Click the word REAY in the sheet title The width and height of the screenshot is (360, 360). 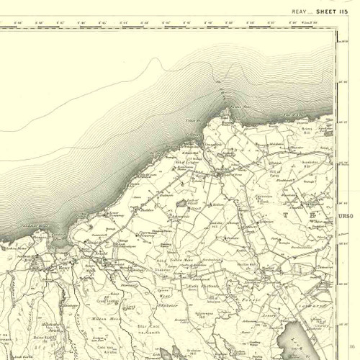click(x=301, y=11)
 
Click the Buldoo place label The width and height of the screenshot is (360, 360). click(x=148, y=210)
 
